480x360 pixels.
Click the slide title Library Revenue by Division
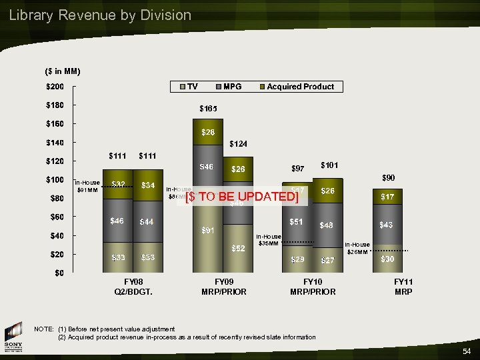(100, 15)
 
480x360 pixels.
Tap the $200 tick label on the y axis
(55, 87)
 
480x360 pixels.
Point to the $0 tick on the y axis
(59, 273)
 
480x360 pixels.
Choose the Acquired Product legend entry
(296, 87)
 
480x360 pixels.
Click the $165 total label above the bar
(208, 108)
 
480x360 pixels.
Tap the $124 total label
(238, 143)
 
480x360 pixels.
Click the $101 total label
(329, 165)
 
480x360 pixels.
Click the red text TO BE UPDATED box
(241, 197)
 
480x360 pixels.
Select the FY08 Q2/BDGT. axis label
(134, 287)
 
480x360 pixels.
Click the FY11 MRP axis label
(403, 287)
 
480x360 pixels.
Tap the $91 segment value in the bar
(208, 231)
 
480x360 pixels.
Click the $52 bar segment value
(237, 248)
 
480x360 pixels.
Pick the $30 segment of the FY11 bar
(387, 259)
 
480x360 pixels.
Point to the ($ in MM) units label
(63, 71)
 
